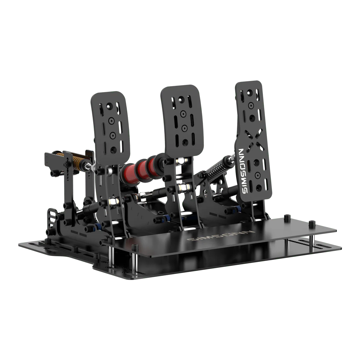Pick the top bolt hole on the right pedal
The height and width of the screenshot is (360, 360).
(249, 92)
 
